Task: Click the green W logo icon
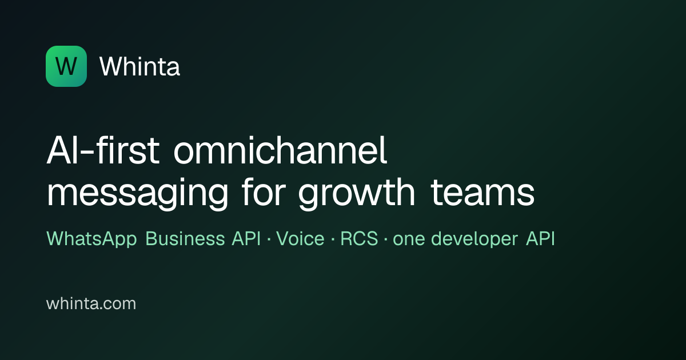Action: pos(66,66)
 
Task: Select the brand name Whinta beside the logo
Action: pos(139,66)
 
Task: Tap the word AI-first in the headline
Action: pos(103,150)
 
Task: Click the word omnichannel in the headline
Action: pos(280,150)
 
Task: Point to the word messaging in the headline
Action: pos(138,193)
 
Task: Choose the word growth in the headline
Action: pos(357,193)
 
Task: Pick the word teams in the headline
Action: pos(482,193)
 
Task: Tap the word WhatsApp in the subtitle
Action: pos(91,238)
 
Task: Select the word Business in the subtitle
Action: pos(185,238)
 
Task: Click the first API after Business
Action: pos(246,238)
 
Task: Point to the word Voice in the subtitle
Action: pos(300,238)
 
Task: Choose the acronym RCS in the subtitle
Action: pos(359,238)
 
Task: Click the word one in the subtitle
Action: pos(409,239)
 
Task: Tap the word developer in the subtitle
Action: pos(474,239)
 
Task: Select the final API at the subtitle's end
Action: pos(541,238)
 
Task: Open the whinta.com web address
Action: pos(91,303)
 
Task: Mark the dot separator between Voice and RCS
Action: pos(333,239)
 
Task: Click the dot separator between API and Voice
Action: pos(269,239)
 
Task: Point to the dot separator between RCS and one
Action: pos(385,239)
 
